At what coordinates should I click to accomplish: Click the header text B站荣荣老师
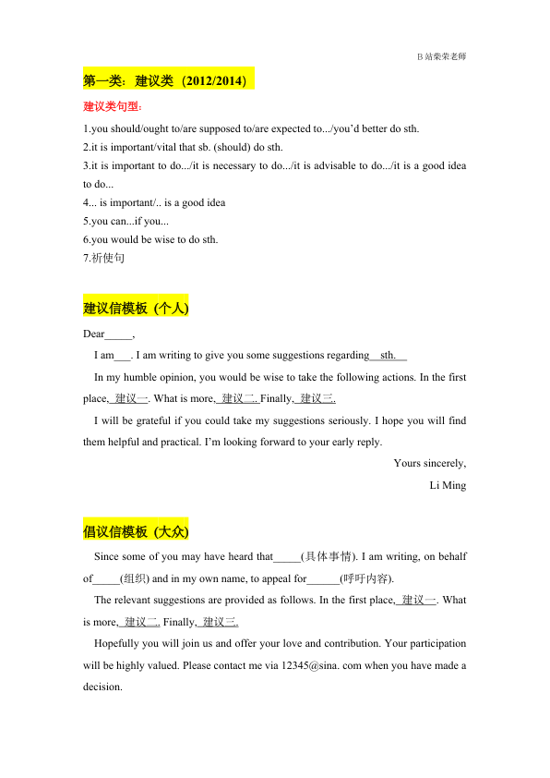point(441,56)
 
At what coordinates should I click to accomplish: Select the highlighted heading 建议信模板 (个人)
point(136,308)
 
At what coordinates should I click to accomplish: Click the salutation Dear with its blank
point(109,334)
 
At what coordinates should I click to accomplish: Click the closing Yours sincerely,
point(429,463)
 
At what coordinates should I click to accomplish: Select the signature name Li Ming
point(448,485)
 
